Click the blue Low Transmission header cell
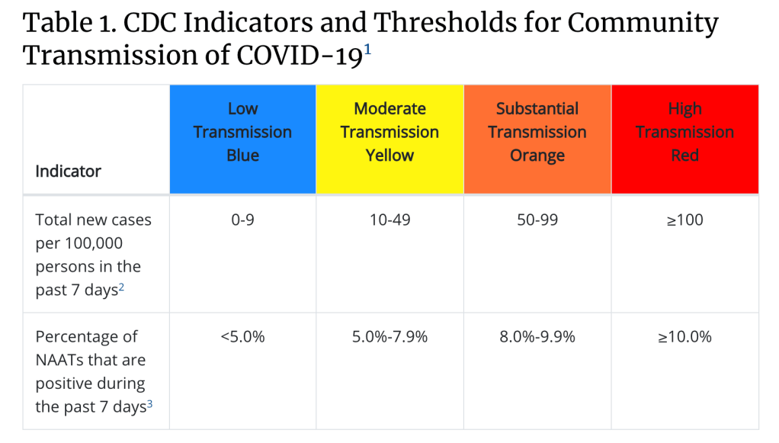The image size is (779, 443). pyautogui.click(x=242, y=138)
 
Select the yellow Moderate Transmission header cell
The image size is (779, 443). pyautogui.click(x=389, y=138)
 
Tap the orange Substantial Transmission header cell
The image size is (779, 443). pyautogui.click(x=537, y=138)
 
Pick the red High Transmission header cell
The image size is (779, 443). pyautogui.click(x=684, y=138)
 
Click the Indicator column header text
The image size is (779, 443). pyautogui.click(x=68, y=171)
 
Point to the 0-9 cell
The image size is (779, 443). pyautogui.click(x=242, y=220)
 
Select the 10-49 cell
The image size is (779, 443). pyautogui.click(x=389, y=220)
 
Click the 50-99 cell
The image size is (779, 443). pyautogui.click(x=537, y=220)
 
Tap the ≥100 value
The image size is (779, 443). pyautogui.click(x=684, y=220)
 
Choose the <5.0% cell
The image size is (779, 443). pyautogui.click(x=242, y=336)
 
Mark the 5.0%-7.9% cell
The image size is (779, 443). pyautogui.click(x=389, y=336)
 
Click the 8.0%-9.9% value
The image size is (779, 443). pyautogui.click(x=537, y=336)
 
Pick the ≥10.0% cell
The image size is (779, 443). pyautogui.click(x=684, y=336)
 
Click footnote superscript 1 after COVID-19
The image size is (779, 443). pyautogui.click(x=367, y=49)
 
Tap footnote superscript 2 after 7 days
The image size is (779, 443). pyautogui.click(x=121, y=287)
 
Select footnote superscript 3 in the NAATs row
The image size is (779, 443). pyautogui.click(x=149, y=403)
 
